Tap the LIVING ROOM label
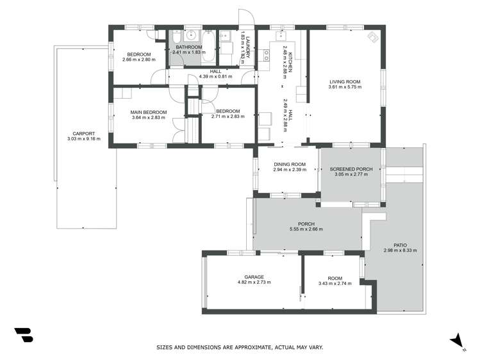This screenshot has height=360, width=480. pyautogui.click(x=345, y=81)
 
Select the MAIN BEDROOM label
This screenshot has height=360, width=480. pyautogui.click(x=149, y=112)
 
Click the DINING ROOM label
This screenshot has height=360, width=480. pyautogui.click(x=290, y=165)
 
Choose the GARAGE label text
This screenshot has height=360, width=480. pyautogui.click(x=254, y=277)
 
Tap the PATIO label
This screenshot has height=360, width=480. pyautogui.click(x=400, y=245)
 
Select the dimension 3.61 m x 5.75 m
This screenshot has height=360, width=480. pyautogui.click(x=345, y=87)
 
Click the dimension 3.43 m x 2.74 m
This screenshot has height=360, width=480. pyautogui.click(x=335, y=283)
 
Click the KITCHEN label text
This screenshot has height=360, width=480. pyautogui.click(x=290, y=61)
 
